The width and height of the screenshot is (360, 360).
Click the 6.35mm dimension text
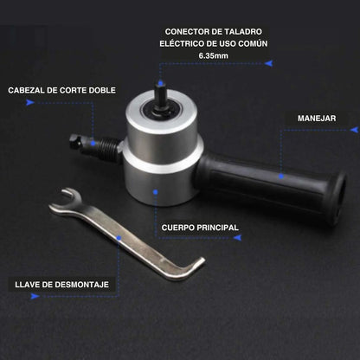213,55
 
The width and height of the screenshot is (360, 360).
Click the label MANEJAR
317,119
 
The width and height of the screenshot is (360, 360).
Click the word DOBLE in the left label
102,90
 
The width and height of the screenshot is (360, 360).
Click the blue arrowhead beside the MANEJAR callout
354,130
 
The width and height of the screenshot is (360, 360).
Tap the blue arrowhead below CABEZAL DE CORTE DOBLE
30,102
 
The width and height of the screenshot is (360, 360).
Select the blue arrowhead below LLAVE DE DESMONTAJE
35,296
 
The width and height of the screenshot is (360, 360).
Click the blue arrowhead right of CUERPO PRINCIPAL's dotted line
237,238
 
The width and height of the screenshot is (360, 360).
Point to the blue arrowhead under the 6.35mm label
268,63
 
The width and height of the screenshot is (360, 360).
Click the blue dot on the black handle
281,177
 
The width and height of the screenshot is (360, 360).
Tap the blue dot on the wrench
119,238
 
